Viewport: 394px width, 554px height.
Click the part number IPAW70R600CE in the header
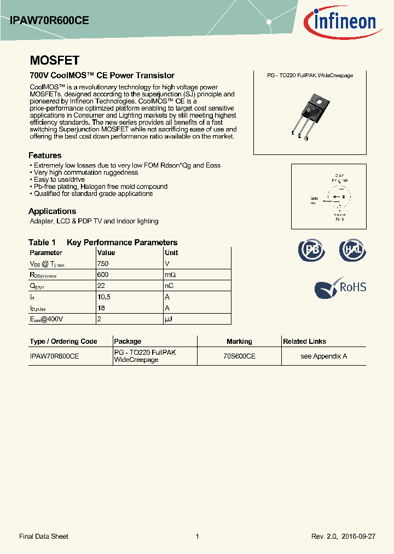pyautogui.click(x=49, y=21)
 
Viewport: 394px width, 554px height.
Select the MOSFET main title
pyautogui.click(x=54, y=60)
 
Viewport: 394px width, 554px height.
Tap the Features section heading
pyautogui.click(x=45, y=155)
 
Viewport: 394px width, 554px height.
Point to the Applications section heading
pyautogui.click(x=52, y=211)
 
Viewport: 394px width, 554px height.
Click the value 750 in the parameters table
pyautogui.click(x=103, y=264)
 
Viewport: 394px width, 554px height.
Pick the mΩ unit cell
pyautogui.click(x=170, y=275)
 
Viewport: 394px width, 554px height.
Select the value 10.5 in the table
pyautogui.click(x=104, y=297)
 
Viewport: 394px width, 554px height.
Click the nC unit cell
pyautogui.click(x=169, y=286)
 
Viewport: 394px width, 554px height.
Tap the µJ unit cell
pyautogui.click(x=169, y=319)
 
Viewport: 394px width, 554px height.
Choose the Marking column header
pyautogui.click(x=239, y=341)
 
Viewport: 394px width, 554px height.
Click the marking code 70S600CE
pyautogui.click(x=239, y=356)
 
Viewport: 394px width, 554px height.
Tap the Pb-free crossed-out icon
pyautogui.click(x=311, y=250)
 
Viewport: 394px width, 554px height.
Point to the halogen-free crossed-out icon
pyautogui.click(x=352, y=250)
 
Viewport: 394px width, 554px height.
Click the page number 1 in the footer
pyautogui.click(x=197, y=536)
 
